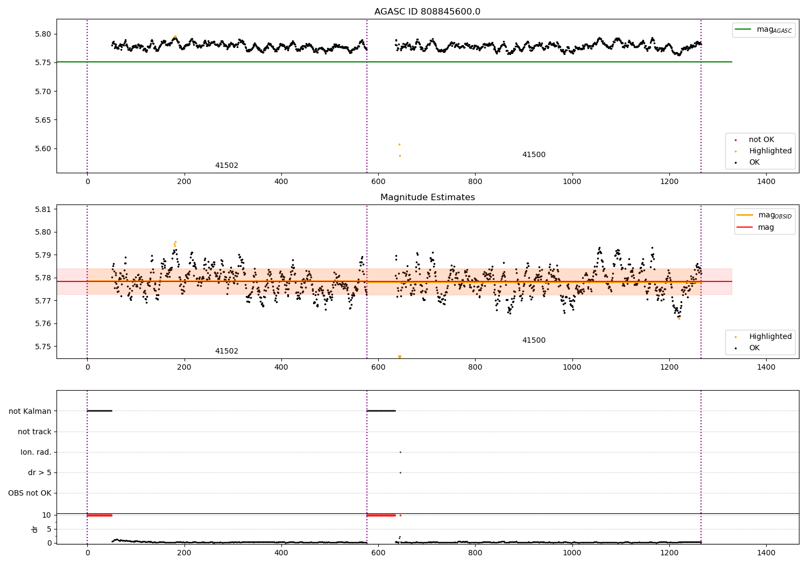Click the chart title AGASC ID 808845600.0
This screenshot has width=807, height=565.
427,11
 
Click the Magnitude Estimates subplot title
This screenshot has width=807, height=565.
428,197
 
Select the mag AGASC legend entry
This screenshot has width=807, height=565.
763,30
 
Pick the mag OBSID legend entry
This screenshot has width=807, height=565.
764,215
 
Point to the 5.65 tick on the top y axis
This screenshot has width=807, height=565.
43,120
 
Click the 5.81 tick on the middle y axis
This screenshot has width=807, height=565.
43,209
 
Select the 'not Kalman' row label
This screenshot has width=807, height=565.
30,411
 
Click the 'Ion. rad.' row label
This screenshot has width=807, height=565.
36,452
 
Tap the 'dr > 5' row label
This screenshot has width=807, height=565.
40,472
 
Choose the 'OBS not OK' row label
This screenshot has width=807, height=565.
30,493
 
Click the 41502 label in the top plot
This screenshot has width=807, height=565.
226,165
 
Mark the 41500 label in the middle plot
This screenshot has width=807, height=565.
534,340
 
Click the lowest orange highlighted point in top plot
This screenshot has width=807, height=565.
400,156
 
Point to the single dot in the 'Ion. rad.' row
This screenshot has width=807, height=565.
401,452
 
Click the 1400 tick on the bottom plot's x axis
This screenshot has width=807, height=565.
766,553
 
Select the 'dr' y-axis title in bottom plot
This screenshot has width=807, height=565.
34,529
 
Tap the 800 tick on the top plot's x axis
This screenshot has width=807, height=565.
475,182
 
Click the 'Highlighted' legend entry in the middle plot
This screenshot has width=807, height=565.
763,336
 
